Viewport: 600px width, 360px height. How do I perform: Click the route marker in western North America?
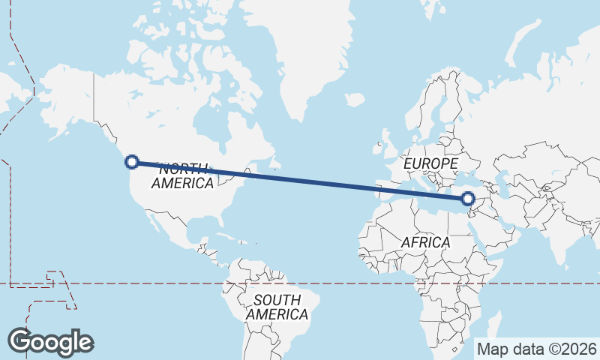[132, 161]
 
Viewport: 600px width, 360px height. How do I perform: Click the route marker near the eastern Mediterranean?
[468, 199]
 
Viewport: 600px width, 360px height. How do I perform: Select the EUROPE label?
[430, 163]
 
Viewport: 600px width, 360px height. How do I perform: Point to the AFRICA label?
[425, 242]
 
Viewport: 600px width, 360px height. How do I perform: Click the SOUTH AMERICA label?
[277, 307]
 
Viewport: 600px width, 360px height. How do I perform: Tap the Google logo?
[50, 342]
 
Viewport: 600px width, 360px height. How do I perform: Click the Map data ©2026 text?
[537, 349]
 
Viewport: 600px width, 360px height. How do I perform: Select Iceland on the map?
[354, 100]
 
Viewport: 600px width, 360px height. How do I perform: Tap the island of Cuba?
[217, 238]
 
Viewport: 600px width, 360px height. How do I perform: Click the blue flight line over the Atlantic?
[315, 181]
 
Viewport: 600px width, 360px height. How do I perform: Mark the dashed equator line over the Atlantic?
[330, 283]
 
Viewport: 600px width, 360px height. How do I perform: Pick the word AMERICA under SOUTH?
[277, 315]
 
